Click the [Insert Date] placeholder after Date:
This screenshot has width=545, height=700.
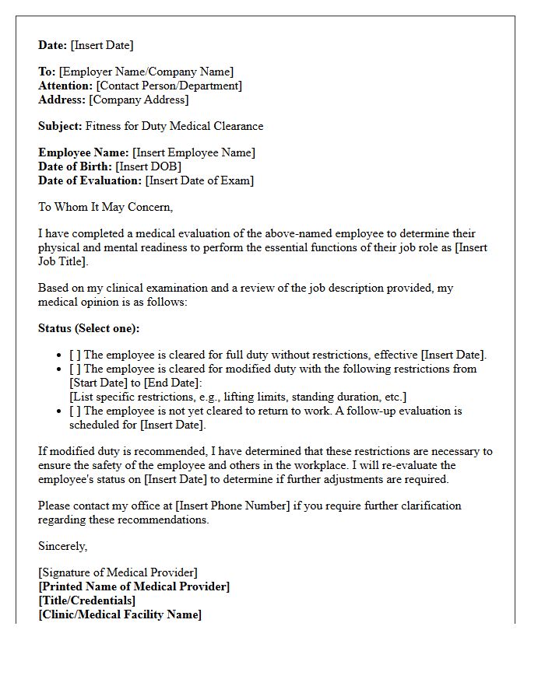[102, 45]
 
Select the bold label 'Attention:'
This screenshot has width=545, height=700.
[65, 86]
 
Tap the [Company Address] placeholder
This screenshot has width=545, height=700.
[139, 100]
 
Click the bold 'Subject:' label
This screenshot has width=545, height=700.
[60, 126]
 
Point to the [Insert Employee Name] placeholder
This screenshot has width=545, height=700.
[194, 152]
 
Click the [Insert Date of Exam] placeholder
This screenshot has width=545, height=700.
[199, 180]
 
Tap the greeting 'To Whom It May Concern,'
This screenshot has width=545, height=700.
[105, 207]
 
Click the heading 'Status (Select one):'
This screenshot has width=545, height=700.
[89, 328]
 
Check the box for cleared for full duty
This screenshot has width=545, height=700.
[75, 355]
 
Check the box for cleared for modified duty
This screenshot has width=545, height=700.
[75, 369]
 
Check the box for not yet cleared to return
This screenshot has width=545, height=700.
[75, 411]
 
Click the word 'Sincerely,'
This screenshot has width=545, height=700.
[63, 546]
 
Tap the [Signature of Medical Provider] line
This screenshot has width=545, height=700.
[118, 572]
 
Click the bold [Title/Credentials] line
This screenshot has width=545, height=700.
[86, 600]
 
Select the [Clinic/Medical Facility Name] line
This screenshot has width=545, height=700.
[120, 614]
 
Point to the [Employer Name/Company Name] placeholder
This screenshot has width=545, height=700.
[146, 72]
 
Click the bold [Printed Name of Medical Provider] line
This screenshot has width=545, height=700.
[134, 586]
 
